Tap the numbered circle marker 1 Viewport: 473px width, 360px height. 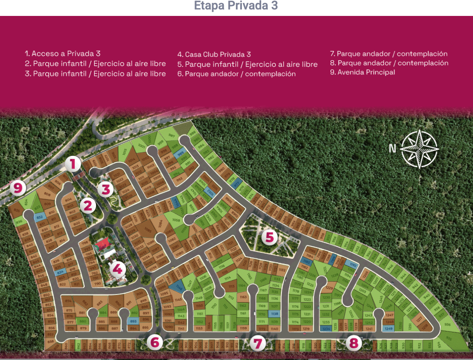(73, 164)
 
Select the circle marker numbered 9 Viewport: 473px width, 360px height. (18, 188)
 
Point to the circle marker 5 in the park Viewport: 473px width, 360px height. (269, 237)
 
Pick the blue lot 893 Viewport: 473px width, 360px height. (133, 321)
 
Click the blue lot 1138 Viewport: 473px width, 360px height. (275, 313)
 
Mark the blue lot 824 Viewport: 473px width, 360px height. (60, 272)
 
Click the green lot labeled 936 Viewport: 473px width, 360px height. (448, 324)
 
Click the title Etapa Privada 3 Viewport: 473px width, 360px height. (236, 6)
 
